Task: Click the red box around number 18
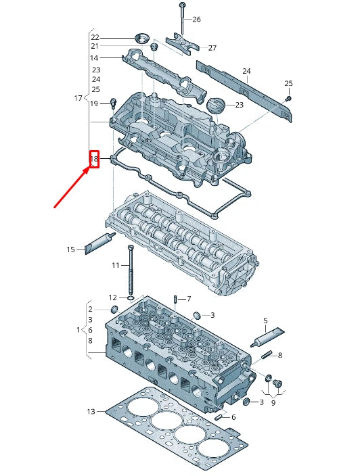point(95,160)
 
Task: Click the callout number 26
point(196,19)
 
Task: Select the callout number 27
point(212,48)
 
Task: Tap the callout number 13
point(91,411)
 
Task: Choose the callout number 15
point(70,249)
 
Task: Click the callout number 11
point(115,265)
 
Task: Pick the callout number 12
point(112,297)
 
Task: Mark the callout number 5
point(265,320)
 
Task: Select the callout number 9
point(273,403)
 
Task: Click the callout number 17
point(78,99)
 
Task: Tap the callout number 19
point(94,103)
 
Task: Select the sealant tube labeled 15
point(97,243)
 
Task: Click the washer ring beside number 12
point(130,297)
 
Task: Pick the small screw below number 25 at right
point(288,99)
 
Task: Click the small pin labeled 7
point(175,299)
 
